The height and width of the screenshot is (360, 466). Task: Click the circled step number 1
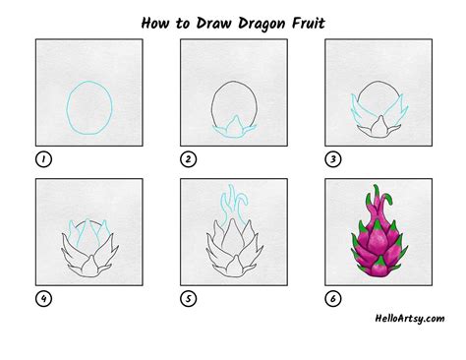(x=42, y=159)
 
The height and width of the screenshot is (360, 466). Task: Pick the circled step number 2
(x=187, y=159)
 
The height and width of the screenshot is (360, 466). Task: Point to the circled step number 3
(x=331, y=159)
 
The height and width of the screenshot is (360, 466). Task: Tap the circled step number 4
(x=42, y=298)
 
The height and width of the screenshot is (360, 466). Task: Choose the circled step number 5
(x=187, y=298)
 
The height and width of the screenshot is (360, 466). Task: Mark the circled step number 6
(x=331, y=298)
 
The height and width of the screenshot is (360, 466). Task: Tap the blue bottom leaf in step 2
(x=232, y=126)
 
